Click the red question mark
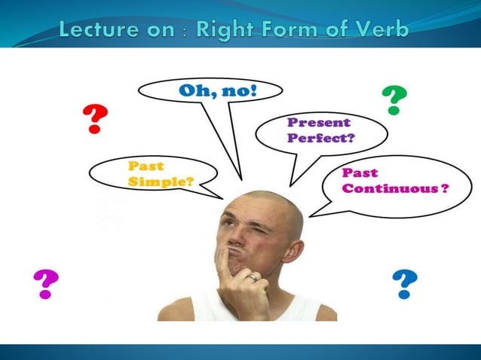pos(95,119)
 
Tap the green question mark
pos(394,99)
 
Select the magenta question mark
pos(46,283)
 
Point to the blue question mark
pos(405,284)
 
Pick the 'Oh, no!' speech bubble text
pos(218,92)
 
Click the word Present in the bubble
pos(319,122)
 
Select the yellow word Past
pos(146,166)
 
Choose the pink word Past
pos(360,172)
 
